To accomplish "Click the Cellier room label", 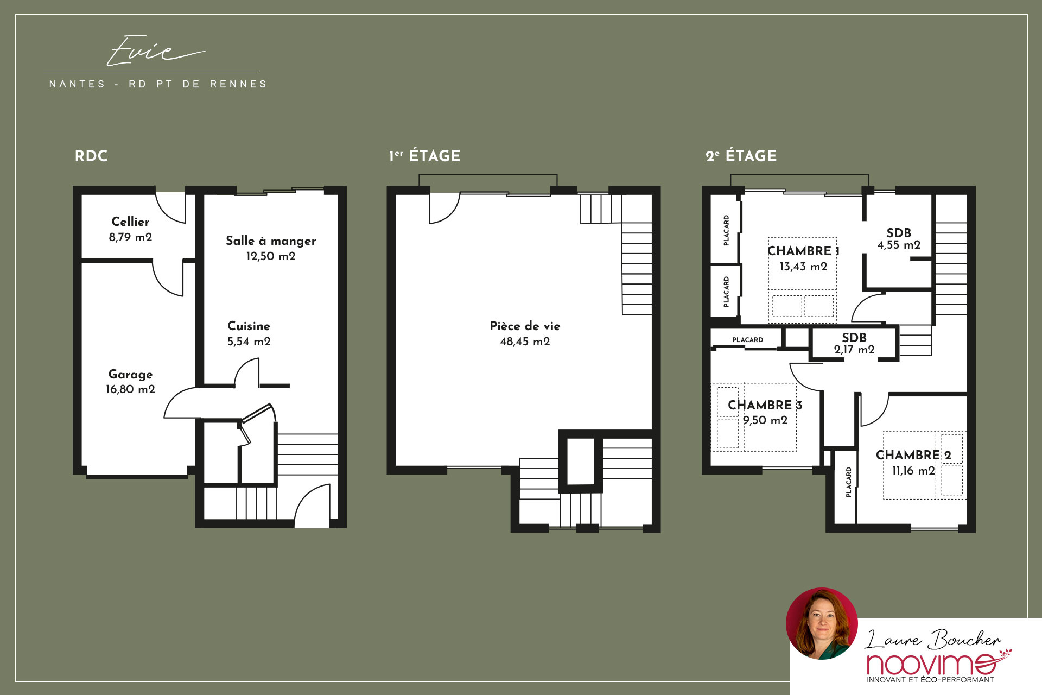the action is (130, 222).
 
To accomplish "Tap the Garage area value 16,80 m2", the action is (130, 389).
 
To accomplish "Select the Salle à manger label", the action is (271, 241).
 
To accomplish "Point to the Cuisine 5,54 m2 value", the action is (249, 342).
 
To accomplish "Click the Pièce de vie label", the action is (525, 326).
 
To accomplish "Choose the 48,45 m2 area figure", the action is (525, 342).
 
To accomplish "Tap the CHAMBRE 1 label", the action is (803, 251).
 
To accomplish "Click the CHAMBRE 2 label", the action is (913, 455).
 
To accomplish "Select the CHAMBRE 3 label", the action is (765, 405).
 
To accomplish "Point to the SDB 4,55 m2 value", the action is (899, 245).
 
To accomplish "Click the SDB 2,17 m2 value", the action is (854, 350).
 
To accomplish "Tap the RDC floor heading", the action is (91, 156).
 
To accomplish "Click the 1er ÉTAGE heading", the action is (424, 156).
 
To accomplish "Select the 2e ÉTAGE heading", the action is (741, 156).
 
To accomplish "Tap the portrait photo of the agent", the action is (822, 623).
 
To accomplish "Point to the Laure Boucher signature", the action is (932, 639).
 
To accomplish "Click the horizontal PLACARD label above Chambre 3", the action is (747, 340).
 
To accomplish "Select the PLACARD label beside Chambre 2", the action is (848, 482).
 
